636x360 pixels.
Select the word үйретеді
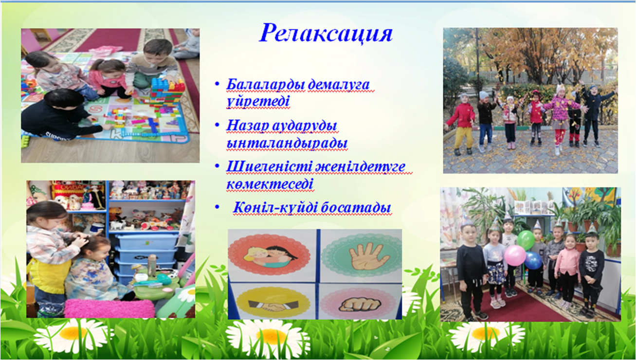pyautogui.click(x=258, y=101)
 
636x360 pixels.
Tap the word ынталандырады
pyautogui.click(x=287, y=143)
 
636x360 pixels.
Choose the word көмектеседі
pyautogui.click(x=270, y=184)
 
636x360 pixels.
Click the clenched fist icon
pyautogui.click(x=360, y=305)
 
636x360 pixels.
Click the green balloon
pyautogui.click(x=526, y=240)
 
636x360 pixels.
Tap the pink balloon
pyautogui.click(x=515, y=255)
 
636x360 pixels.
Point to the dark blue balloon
pyautogui.click(x=533, y=260)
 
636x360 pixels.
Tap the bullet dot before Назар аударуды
pyautogui.click(x=217, y=125)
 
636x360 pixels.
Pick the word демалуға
pyautogui.click(x=339, y=85)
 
